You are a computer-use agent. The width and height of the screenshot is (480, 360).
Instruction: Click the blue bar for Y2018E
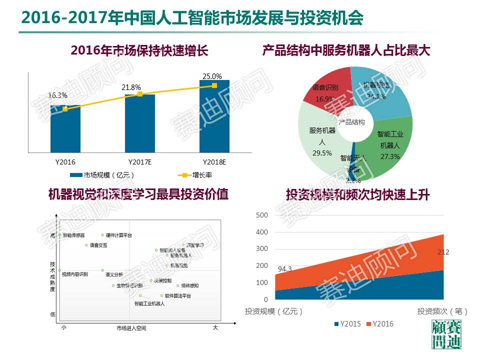(x=214, y=120)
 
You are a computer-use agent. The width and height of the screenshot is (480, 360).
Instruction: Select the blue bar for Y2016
(x=65, y=130)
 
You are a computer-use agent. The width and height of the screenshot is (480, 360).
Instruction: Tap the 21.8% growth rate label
(x=131, y=87)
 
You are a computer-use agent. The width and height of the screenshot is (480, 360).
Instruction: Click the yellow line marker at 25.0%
(x=214, y=85)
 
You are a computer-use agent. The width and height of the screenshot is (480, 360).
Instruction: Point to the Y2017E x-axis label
(x=140, y=162)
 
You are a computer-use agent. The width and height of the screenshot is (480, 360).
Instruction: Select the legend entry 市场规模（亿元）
(x=102, y=175)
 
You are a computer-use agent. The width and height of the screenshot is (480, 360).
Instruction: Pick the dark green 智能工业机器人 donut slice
(x=390, y=150)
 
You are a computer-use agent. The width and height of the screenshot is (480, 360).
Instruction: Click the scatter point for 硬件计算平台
(x=102, y=234)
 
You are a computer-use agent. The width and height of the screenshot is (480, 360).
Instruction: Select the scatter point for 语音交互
(x=86, y=245)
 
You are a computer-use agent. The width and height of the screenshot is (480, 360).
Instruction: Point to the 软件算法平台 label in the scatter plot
(x=178, y=296)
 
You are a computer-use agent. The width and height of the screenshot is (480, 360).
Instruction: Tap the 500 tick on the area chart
(x=262, y=215)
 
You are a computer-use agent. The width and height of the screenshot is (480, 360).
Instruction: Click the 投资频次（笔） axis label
(x=443, y=311)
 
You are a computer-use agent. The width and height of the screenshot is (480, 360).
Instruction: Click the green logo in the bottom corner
(x=446, y=335)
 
